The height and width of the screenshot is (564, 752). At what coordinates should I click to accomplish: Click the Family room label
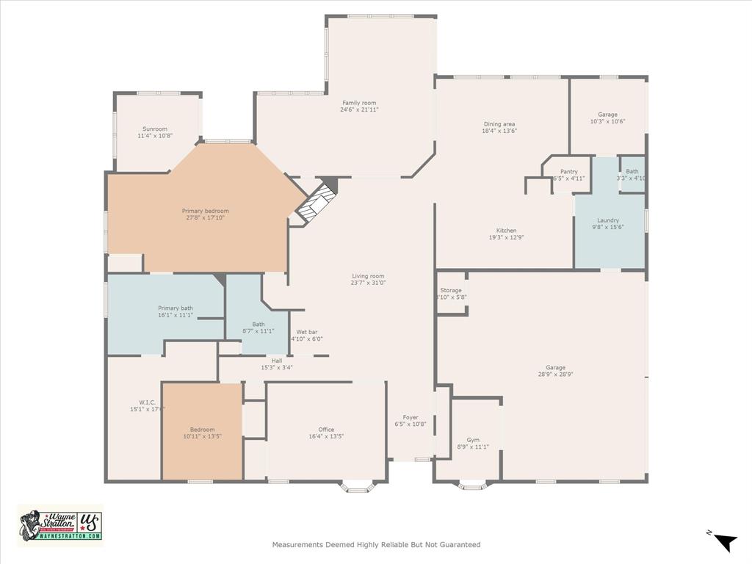coord(359,103)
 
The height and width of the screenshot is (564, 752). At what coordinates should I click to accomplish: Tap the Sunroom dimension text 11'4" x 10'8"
coord(155,136)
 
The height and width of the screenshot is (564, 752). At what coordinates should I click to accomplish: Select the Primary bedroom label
coord(206,211)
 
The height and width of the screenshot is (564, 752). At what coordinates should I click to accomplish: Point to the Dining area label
coord(499,124)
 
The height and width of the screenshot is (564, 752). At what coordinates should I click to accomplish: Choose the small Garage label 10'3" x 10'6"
coord(607,121)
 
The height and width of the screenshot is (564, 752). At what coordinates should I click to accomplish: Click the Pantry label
coord(568,172)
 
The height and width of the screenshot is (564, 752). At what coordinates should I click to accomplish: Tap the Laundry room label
coord(608,220)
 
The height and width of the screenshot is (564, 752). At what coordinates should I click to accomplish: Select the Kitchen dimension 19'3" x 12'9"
coord(506,237)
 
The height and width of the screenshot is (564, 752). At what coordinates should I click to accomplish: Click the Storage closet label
coord(452,291)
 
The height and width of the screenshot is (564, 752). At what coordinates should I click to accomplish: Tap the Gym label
coord(473,440)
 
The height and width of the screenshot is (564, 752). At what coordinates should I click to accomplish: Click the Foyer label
coord(410,418)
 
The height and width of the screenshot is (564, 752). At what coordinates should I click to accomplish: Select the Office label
coord(326,430)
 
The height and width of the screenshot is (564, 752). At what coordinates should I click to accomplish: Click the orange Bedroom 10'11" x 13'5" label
coord(203,430)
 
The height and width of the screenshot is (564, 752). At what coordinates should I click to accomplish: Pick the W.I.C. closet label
coord(147,402)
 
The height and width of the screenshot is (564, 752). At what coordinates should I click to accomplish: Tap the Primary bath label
coord(176,308)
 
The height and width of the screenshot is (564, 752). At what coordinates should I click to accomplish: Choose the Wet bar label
coord(307,332)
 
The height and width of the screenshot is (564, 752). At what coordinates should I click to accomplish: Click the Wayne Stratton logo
coord(60,526)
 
